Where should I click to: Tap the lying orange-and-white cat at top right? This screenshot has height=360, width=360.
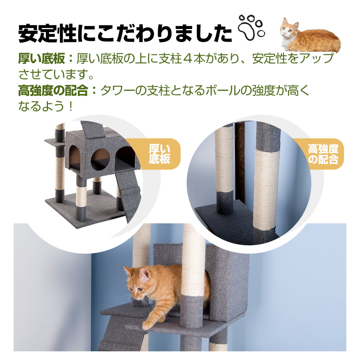[310, 36]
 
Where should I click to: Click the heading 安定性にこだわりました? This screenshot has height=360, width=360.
[125, 34]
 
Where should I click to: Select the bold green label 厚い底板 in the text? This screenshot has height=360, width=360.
[42, 59]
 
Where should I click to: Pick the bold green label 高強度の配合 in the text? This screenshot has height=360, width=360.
[53, 90]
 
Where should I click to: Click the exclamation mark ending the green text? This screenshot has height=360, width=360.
[71, 106]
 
